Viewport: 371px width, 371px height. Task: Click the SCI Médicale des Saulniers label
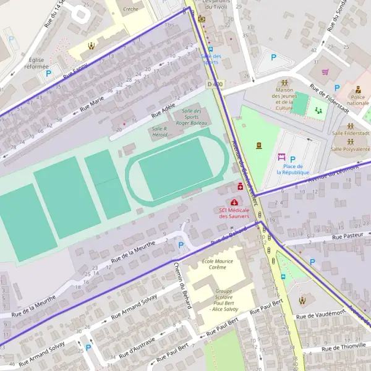pos(234,213)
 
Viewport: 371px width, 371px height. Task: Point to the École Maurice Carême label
pos(218,265)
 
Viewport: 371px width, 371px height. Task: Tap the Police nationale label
pos(359,100)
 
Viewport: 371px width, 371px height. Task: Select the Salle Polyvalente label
pos(350,149)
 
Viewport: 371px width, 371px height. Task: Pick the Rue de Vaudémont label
pos(320,315)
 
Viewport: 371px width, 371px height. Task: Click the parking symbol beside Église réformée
pos(48,74)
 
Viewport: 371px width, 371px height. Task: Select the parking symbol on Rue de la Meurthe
pos(181,245)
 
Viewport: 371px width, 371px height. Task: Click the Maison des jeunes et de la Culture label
pos(284,99)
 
